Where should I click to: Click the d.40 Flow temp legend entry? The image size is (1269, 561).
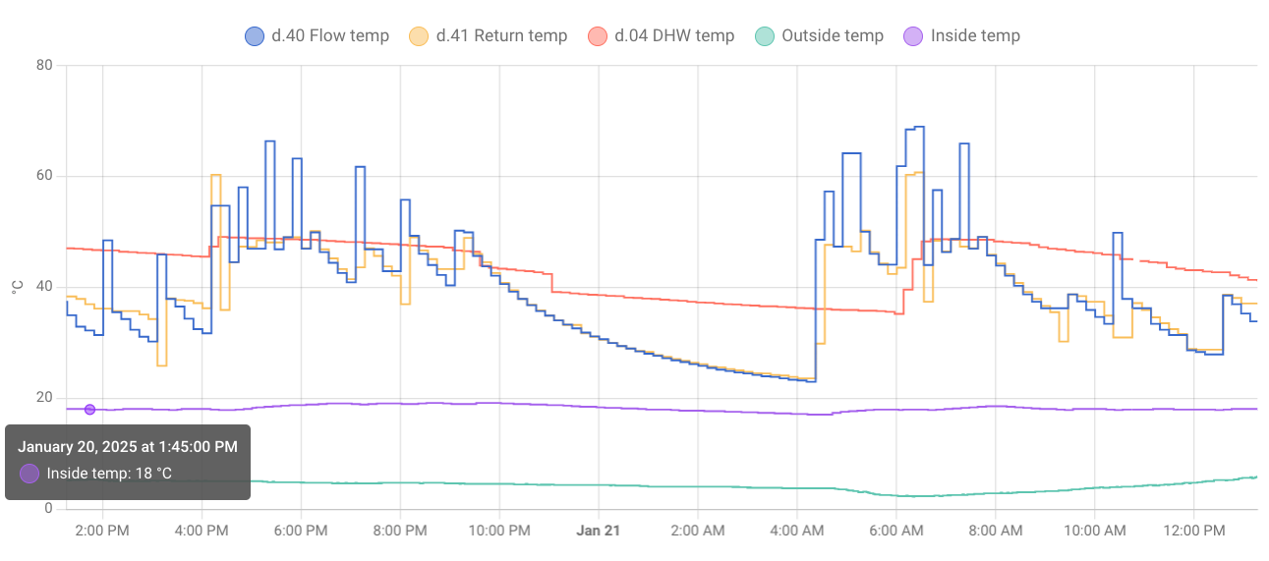(317, 36)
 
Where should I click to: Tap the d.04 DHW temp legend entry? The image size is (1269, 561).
(661, 36)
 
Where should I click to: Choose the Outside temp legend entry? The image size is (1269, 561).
(820, 36)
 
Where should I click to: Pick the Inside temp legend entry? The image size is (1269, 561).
(962, 36)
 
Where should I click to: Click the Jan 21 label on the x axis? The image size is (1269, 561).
(599, 531)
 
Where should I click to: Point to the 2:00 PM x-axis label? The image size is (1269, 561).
(103, 531)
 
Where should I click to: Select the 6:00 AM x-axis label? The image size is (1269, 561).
(896, 531)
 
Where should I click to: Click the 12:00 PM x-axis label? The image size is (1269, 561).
(1194, 531)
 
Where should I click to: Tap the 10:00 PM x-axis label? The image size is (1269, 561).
(499, 531)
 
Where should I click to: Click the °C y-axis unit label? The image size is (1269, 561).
(17, 287)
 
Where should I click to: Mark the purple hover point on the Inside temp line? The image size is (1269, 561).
(89, 410)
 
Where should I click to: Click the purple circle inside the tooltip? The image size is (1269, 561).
(29, 474)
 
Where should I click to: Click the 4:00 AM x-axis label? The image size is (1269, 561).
(797, 531)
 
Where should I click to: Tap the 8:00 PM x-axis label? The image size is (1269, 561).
(400, 531)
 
